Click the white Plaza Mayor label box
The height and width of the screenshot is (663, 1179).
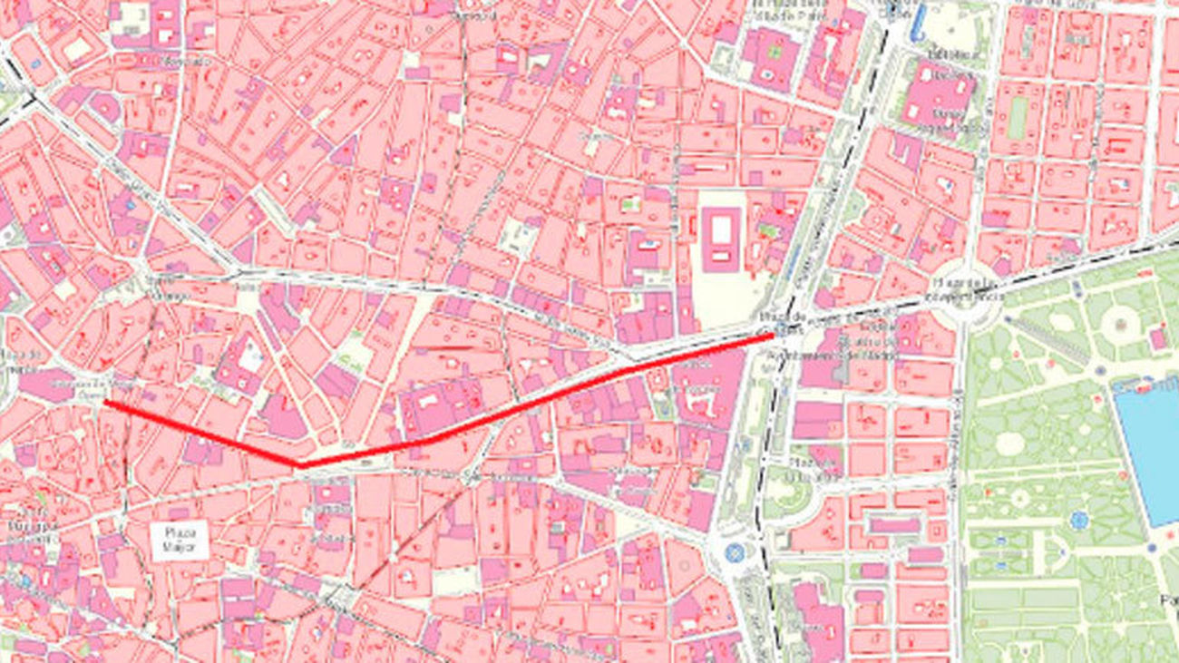pyautogui.click(x=180, y=540)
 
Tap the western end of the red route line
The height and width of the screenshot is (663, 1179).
pyautogui.click(x=106, y=401)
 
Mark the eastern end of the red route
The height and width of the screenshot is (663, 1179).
pyautogui.click(x=772, y=335)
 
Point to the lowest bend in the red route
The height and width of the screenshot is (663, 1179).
pyautogui.click(x=300, y=465)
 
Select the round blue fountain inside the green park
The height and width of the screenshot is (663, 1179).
pyautogui.click(x=1077, y=520)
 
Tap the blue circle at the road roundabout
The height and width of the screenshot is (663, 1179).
pyautogui.click(x=734, y=551)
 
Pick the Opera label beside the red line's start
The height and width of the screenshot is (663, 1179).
pyautogui.click(x=89, y=395)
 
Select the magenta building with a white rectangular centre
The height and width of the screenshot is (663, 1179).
pyautogui.click(x=720, y=239)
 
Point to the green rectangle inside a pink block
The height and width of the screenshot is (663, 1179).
pyautogui.click(x=1018, y=118)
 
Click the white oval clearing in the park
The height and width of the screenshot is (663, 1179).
pyautogui.click(x=1009, y=444)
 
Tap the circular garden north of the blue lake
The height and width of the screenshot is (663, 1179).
pyautogui.click(x=1120, y=321)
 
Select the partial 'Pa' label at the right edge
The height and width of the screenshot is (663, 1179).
pyautogui.click(x=1169, y=600)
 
